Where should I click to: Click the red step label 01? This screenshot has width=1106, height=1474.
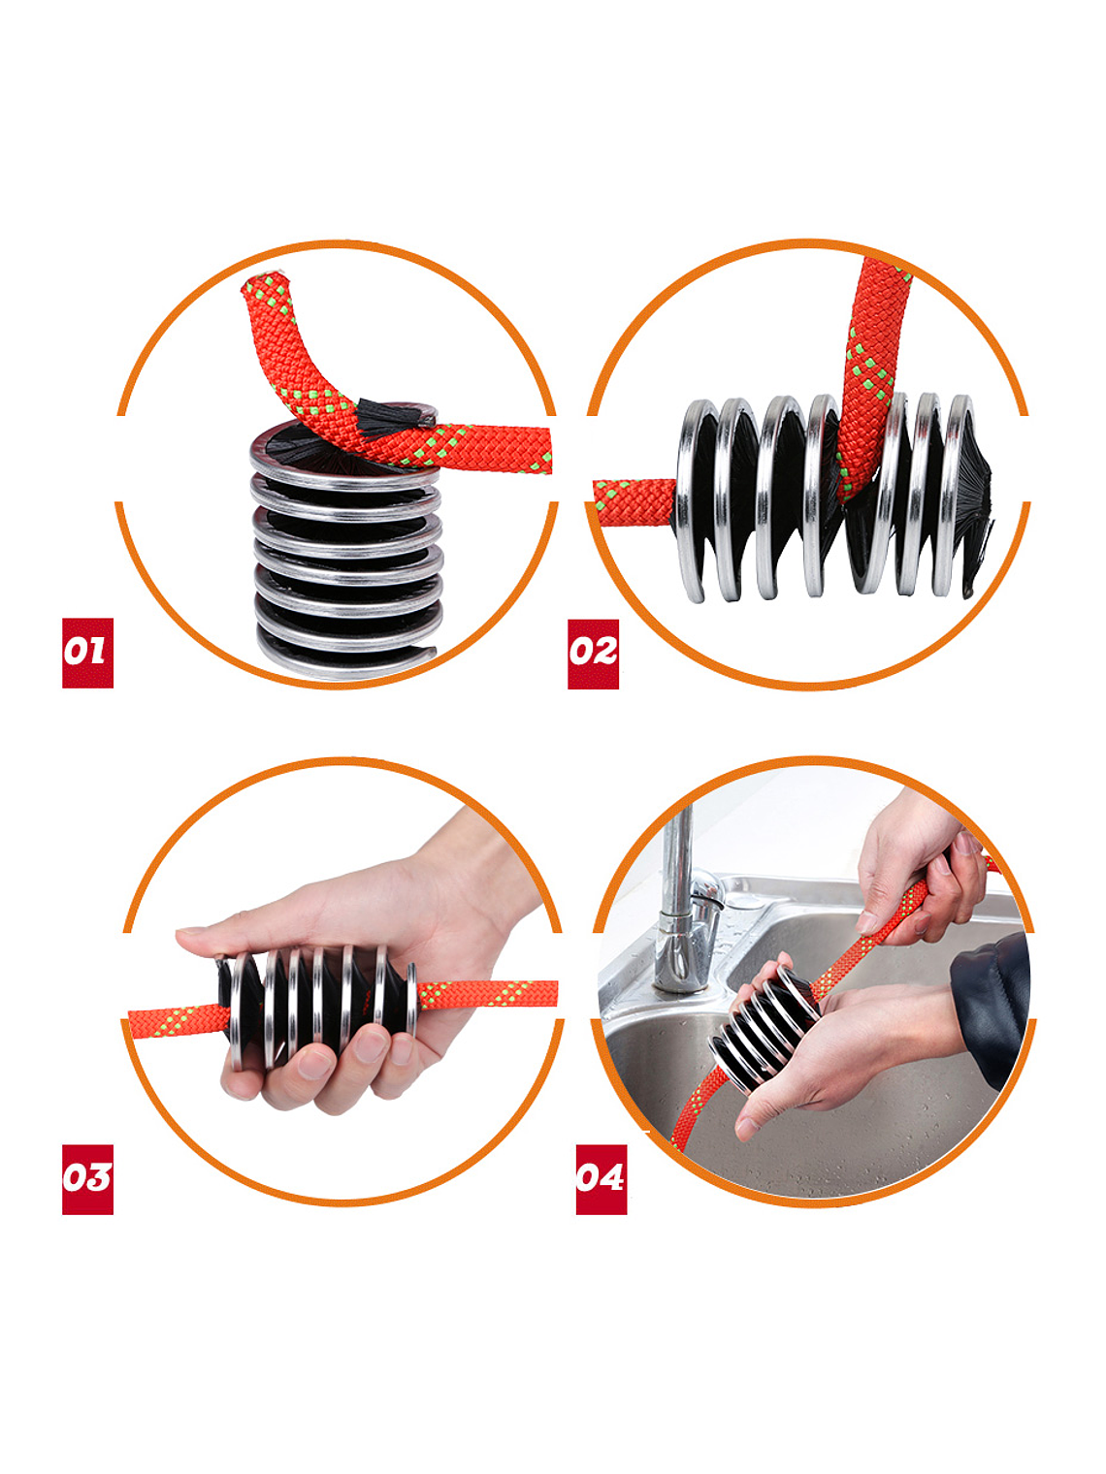[x=87, y=653]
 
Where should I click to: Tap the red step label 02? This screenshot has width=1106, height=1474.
[x=593, y=654]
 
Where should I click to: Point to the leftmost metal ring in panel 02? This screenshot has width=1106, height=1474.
[x=693, y=500]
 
